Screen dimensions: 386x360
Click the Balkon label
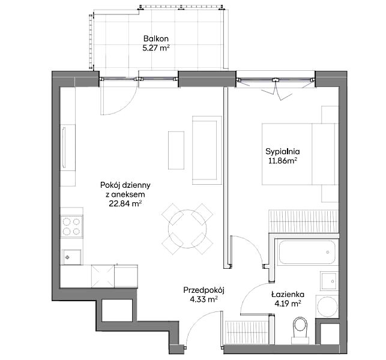(x=156, y=38)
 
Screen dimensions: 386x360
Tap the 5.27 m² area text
(x=156, y=48)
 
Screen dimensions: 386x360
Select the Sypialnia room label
(x=282, y=152)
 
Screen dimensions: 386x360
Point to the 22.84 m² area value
(x=125, y=204)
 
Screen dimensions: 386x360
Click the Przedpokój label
(x=204, y=290)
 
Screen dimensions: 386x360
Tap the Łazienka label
(x=288, y=294)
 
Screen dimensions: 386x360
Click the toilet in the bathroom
(x=300, y=330)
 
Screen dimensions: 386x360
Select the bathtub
(x=307, y=252)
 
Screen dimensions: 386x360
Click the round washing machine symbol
(x=327, y=307)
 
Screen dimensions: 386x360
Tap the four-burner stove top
(x=71, y=226)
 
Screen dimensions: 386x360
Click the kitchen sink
(x=71, y=257)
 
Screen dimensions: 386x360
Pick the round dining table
(x=187, y=229)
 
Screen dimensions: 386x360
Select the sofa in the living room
(x=207, y=150)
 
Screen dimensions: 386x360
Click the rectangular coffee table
(x=176, y=151)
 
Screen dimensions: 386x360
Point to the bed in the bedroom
(x=300, y=154)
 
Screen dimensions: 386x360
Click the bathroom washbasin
(x=329, y=281)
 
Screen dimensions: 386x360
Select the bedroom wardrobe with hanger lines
(x=304, y=221)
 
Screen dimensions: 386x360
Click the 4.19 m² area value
(x=288, y=304)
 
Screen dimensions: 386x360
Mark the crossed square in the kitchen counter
(x=103, y=276)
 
